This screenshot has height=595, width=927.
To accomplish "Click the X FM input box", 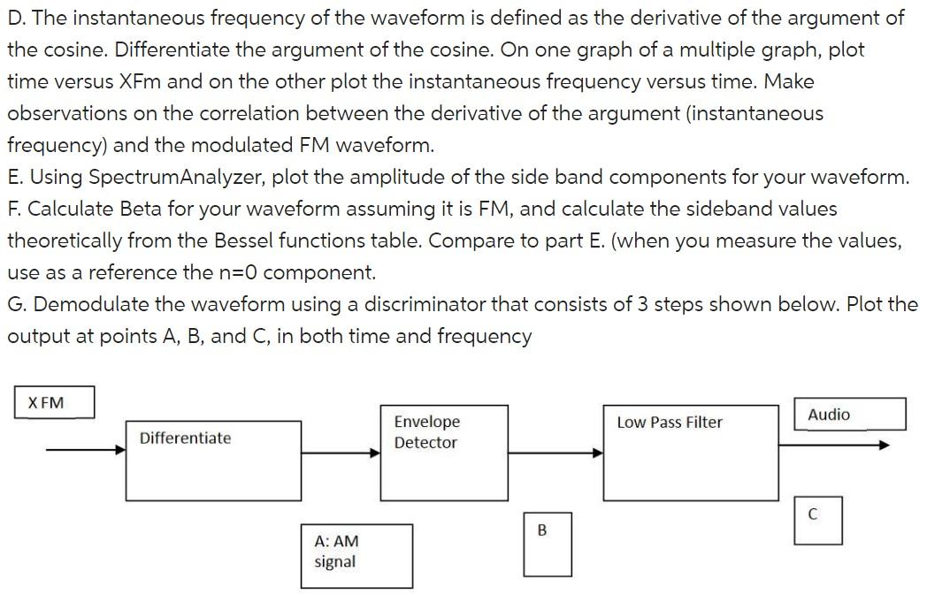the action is tap(54, 402).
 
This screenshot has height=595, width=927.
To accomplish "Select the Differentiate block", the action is tap(213, 461).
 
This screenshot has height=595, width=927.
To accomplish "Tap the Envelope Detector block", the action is tap(444, 453).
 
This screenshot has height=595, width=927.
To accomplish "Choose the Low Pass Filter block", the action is tap(691, 453).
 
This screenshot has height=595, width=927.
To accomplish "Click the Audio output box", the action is tap(849, 414).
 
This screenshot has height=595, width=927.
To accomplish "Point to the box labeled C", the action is tap(818, 520).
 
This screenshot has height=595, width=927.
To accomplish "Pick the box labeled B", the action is tap(548, 545).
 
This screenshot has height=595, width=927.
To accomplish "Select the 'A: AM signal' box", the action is tap(356, 556).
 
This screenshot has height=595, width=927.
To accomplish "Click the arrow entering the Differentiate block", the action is tap(86, 450).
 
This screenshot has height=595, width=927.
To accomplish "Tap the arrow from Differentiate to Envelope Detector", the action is tap(341, 454).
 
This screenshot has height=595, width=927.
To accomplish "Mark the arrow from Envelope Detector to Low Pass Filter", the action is tap(555, 454).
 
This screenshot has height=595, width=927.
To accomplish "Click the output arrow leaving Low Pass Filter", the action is tap(834, 445).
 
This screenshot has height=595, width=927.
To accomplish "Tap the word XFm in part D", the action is tap(140, 81).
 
